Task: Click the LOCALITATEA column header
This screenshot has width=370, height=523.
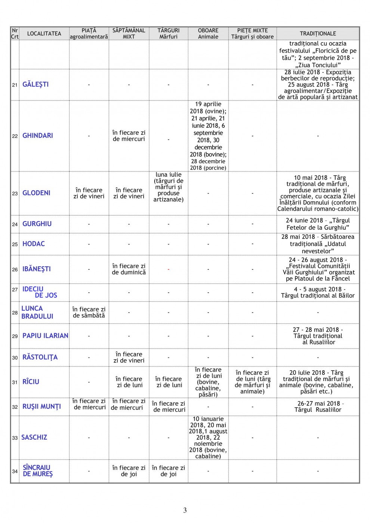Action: pyautogui.click(x=44, y=34)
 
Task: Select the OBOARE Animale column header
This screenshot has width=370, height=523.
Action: pyautogui.click(x=208, y=34)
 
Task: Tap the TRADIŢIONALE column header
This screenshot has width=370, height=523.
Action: pyautogui.click(x=318, y=34)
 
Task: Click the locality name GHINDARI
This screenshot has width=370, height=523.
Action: pyautogui.click(x=38, y=136)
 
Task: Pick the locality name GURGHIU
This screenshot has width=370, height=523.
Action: pyautogui.click(x=37, y=224)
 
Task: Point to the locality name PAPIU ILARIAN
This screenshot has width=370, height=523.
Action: pyautogui.click(x=45, y=336)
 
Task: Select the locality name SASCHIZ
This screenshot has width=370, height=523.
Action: pyautogui.click(x=34, y=437)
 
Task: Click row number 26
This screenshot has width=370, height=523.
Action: pyautogui.click(x=15, y=269)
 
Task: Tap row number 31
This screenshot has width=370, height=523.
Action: pyautogui.click(x=15, y=382)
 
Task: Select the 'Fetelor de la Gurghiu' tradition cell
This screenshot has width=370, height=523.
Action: pyautogui.click(x=318, y=224)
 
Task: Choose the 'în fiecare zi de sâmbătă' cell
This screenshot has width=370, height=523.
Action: pyautogui.click(x=89, y=312)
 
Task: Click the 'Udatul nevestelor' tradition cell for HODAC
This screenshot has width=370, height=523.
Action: pyautogui.click(x=318, y=244)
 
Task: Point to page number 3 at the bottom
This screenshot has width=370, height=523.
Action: pyautogui.click(x=185, y=510)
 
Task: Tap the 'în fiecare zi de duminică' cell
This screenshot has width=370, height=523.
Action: pyautogui.click(x=129, y=269)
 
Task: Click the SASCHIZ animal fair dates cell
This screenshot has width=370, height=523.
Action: pyautogui.click(x=208, y=437)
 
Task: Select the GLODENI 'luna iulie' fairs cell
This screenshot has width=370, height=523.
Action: pyautogui.click(x=169, y=187)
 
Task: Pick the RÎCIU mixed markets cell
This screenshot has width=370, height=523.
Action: pyautogui.click(x=252, y=382)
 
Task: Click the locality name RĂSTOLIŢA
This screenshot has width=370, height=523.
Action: pyautogui.click(x=40, y=357)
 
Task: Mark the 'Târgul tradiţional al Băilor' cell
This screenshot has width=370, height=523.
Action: pyautogui.click(x=318, y=293)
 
